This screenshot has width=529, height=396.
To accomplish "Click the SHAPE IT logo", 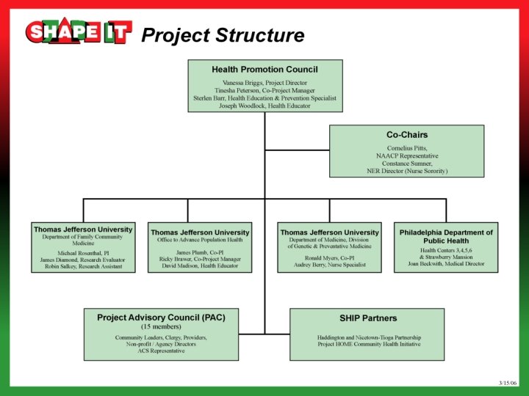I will click(79, 32).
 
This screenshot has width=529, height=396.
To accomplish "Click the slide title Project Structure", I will click(222, 34).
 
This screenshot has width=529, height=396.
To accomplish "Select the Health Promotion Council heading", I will click(264, 69).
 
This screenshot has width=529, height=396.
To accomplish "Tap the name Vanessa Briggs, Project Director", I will click(264, 83).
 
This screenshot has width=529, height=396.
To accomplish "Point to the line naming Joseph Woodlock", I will click(264, 106).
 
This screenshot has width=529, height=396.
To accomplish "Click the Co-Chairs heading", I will click(406, 135).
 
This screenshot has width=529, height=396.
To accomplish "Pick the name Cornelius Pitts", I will click(406, 148).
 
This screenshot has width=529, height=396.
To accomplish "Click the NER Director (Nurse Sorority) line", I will click(406, 171).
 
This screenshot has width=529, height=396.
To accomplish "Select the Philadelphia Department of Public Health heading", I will click(446, 236).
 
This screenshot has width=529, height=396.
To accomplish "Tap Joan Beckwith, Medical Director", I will click(446, 264).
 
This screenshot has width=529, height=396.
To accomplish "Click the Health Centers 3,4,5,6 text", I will click(446, 250).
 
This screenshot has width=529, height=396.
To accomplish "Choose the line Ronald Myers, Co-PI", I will click(329, 258).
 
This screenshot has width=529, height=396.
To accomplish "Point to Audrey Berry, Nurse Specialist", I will click(329, 265).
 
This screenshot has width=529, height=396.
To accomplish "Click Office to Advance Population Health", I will click(200, 241).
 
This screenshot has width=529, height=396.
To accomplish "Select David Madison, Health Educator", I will click(200, 265).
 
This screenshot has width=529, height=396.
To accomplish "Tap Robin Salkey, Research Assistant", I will click(82, 267).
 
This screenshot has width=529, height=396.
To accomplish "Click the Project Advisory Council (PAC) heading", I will click(161, 318).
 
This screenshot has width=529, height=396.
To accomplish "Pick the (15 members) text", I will click(161, 326).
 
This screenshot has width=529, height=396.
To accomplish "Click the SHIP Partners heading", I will click(367, 318).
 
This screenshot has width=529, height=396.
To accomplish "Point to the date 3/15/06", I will click(508, 383).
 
